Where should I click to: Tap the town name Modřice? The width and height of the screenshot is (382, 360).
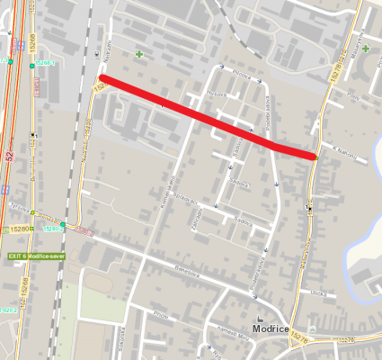[270, 329]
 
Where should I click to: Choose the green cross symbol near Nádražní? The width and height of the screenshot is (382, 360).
[139, 55]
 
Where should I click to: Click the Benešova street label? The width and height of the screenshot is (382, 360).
[186, 267]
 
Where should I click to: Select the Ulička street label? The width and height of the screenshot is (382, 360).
[316, 292]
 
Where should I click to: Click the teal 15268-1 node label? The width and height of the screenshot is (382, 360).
[45, 64]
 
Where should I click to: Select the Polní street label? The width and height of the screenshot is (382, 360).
[352, 94]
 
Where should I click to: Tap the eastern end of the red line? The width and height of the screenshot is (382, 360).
[314, 157]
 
